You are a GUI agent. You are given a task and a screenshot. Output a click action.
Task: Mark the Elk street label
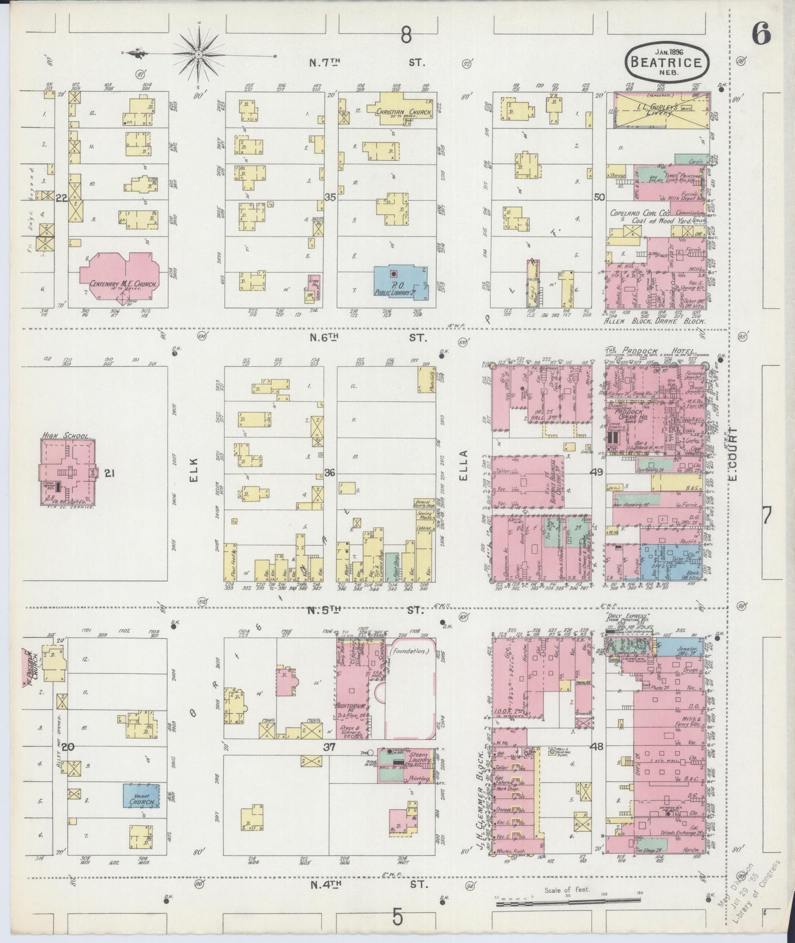194,471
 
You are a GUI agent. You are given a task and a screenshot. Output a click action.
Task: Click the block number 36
330,473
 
